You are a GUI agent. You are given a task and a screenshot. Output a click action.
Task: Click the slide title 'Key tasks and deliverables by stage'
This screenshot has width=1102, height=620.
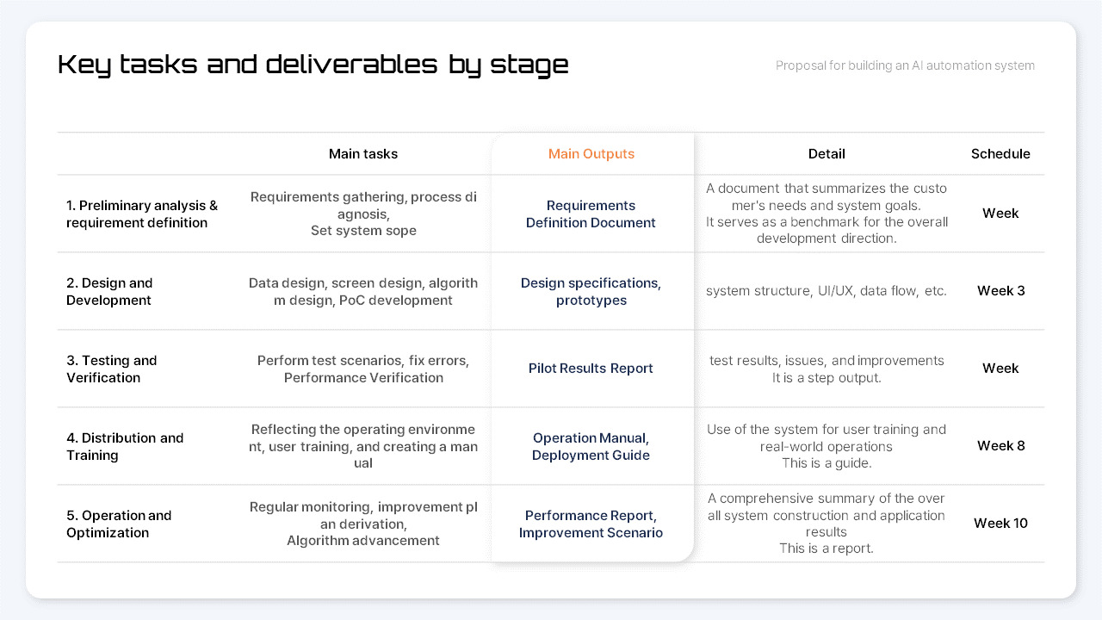coord(313,65)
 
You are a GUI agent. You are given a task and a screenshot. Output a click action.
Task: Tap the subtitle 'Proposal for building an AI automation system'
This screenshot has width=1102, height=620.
coord(905,65)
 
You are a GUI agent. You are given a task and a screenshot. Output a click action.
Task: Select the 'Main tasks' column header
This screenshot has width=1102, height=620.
coord(363,154)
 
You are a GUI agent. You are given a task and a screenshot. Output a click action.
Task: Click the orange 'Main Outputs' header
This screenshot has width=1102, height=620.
coord(591,154)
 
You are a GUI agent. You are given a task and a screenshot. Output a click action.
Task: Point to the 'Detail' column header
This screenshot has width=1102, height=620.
coord(826,154)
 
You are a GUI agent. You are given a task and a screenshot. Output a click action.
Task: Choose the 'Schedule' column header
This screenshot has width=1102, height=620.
coord(1000,154)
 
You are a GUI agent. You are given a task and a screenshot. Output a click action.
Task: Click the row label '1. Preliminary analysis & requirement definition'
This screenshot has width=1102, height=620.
coord(142,214)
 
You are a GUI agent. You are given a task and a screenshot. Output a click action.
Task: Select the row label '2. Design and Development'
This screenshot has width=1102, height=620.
coord(109,291)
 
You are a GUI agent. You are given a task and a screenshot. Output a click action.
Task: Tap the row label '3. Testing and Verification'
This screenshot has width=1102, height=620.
coord(112,369)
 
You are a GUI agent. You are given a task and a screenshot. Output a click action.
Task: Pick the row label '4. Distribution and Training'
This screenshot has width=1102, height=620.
coord(125,446)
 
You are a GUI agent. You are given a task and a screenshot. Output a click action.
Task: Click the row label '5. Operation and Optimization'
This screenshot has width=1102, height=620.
coord(119,524)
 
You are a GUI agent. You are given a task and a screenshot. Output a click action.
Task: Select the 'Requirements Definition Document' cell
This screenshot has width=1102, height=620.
coord(591,214)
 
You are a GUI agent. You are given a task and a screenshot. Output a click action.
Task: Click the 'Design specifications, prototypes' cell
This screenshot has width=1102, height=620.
coord(591,291)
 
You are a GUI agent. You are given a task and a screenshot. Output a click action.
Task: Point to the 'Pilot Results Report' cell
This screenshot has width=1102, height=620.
coord(591,369)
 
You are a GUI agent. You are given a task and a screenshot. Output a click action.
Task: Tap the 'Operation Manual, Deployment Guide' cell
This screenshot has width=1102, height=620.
coord(591,446)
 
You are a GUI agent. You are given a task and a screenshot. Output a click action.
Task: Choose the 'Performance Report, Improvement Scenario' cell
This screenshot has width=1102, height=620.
coord(591,524)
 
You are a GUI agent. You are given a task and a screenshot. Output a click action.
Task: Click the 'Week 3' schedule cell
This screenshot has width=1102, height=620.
coord(1000,291)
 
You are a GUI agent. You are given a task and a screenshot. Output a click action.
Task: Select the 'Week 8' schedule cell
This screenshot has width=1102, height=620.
coord(1000,446)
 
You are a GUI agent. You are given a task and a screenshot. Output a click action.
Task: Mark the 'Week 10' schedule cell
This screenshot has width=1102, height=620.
coord(1000,524)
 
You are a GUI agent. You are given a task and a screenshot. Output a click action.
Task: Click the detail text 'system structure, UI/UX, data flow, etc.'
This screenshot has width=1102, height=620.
coord(826,291)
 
